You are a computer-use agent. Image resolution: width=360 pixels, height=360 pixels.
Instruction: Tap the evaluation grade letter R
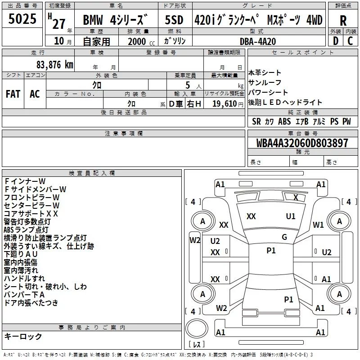pyautogui.click(x=343, y=20)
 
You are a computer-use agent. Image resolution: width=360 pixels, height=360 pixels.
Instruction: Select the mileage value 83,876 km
pyautogui.click(x=55, y=64)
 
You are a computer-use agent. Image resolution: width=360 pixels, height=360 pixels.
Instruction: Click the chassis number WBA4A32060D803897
pyautogui.click(x=302, y=143)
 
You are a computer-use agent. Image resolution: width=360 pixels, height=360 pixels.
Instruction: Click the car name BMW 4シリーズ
pyautogui.click(x=116, y=21)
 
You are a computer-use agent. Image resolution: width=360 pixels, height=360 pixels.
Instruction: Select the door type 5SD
pyautogui.click(x=175, y=20)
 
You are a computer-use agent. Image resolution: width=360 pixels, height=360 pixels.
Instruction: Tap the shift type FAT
pyautogui.click(x=13, y=94)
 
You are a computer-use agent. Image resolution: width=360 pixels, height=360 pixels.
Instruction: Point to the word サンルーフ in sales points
pyautogui.click(x=265, y=82)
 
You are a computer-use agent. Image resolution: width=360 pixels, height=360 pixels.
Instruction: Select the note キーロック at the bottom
pyautogui.click(x=23, y=336)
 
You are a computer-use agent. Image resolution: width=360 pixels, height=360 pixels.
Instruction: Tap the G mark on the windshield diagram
pyautogui.click(x=284, y=237)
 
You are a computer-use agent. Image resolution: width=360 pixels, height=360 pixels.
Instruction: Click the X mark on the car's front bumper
pyautogui.click(x=295, y=197)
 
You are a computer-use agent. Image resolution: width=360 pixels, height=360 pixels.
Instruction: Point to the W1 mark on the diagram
pyautogui.click(x=319, y=225)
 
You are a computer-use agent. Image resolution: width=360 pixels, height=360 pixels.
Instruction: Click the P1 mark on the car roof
pyautogui.click(x=271, y=251)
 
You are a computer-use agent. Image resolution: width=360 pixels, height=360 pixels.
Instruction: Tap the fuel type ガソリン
pyautogui.click(x=175, y=40)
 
